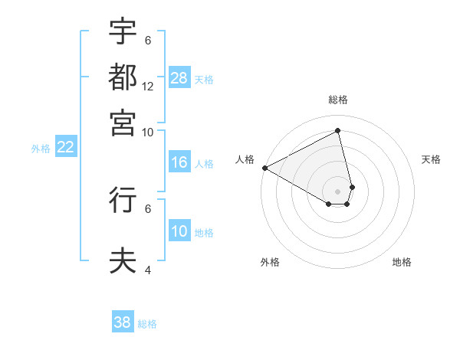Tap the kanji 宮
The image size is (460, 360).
(123, 122)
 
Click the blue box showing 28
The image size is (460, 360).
(179, 78)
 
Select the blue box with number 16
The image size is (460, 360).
(179, 162)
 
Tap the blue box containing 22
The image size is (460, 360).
(65, 148)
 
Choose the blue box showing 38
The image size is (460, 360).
(123, 322)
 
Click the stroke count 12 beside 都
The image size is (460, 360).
(148, 87)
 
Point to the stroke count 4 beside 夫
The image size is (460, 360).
(147, 270)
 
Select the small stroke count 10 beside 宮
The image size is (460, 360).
(148, 132)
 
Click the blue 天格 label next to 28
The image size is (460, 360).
(204, 79)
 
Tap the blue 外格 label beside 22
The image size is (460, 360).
(41, 149)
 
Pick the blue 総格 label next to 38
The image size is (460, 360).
(147, 323)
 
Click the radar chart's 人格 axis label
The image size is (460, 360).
(245, 159)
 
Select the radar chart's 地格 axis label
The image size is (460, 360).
(402, 262)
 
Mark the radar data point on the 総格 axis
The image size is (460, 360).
(338, 130)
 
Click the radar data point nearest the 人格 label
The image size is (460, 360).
(264, 168)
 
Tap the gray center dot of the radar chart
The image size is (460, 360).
(338, 191)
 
